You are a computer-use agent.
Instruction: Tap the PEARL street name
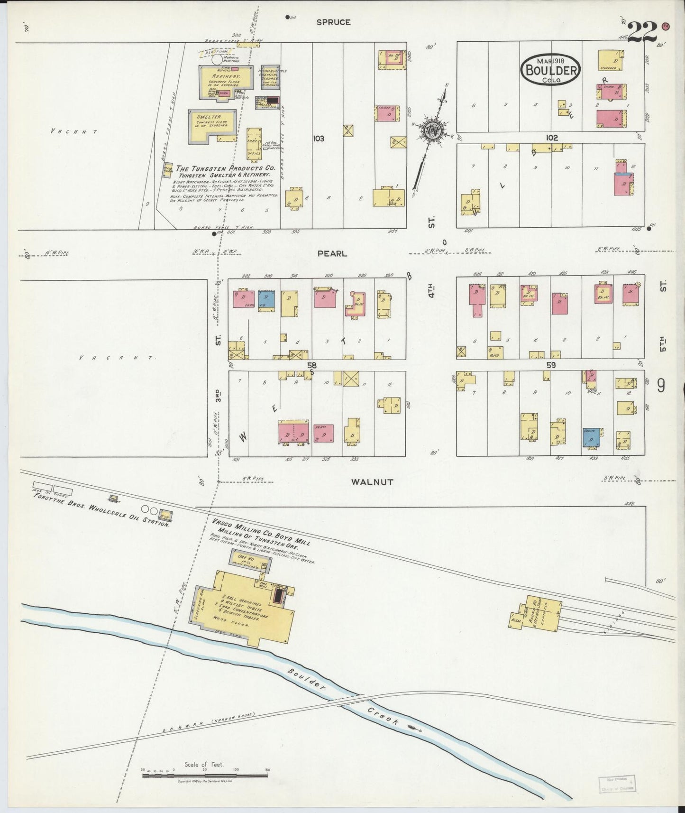tap(332, 254)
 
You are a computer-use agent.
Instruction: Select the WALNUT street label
tap(372, 482)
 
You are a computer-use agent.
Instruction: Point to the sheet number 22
tap(643, 32)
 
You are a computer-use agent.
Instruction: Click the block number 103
tap(318, 139)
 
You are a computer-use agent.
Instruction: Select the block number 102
tap(551, 138)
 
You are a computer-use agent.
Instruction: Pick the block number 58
tap(311, 366)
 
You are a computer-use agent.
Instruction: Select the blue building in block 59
tap(591, 438)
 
